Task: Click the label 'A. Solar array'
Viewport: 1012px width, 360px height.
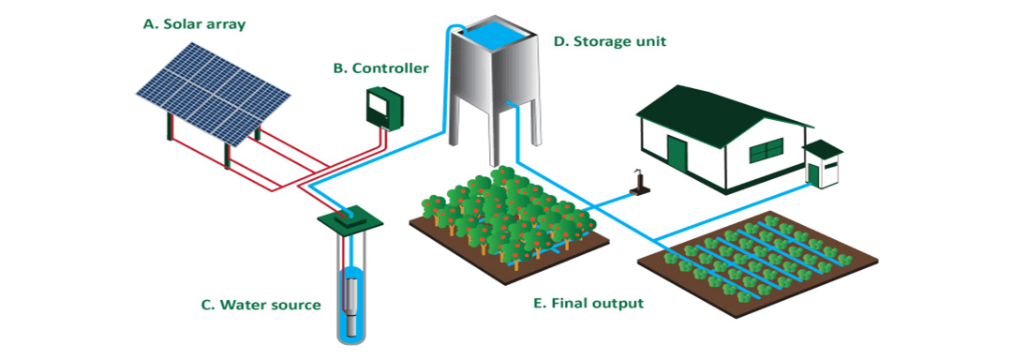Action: tap(194, 23)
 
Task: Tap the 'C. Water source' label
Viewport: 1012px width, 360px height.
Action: tap(260, 305)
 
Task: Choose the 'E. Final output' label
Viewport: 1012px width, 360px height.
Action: tap(588, 304)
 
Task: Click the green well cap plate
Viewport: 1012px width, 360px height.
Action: tap(351, 218)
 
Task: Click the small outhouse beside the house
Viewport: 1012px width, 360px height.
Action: tap(823, 165)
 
